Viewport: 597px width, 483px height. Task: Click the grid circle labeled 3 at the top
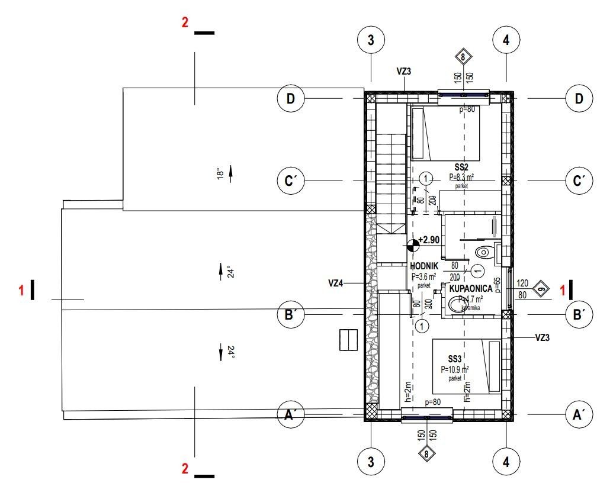click(371, 40)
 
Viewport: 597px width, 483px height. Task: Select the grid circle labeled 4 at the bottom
click(506, 462)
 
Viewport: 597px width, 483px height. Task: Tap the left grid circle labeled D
click(290, 98)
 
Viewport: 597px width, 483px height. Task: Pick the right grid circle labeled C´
click(579, 181)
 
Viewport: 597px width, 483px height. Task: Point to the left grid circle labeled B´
click(290, 315)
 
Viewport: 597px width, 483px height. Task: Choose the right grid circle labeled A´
click(579, 415)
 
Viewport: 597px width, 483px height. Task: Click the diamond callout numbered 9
click(540, 289)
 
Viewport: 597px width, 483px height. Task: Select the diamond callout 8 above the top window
click(463, 57)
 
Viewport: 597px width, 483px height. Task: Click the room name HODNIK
click(424, 266)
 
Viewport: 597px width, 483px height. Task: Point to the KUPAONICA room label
click(471, 288)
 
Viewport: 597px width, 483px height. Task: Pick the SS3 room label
click(454, 359)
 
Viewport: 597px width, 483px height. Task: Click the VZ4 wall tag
click(336, 284)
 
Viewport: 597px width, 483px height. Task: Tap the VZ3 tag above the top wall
click(403, 71)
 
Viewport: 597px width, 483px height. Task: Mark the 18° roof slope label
click(219, 174)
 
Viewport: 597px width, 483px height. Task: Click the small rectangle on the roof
click(348, 340)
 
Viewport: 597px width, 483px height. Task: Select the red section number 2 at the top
click(185, 23)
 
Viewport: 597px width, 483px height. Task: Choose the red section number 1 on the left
click(22, 290)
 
